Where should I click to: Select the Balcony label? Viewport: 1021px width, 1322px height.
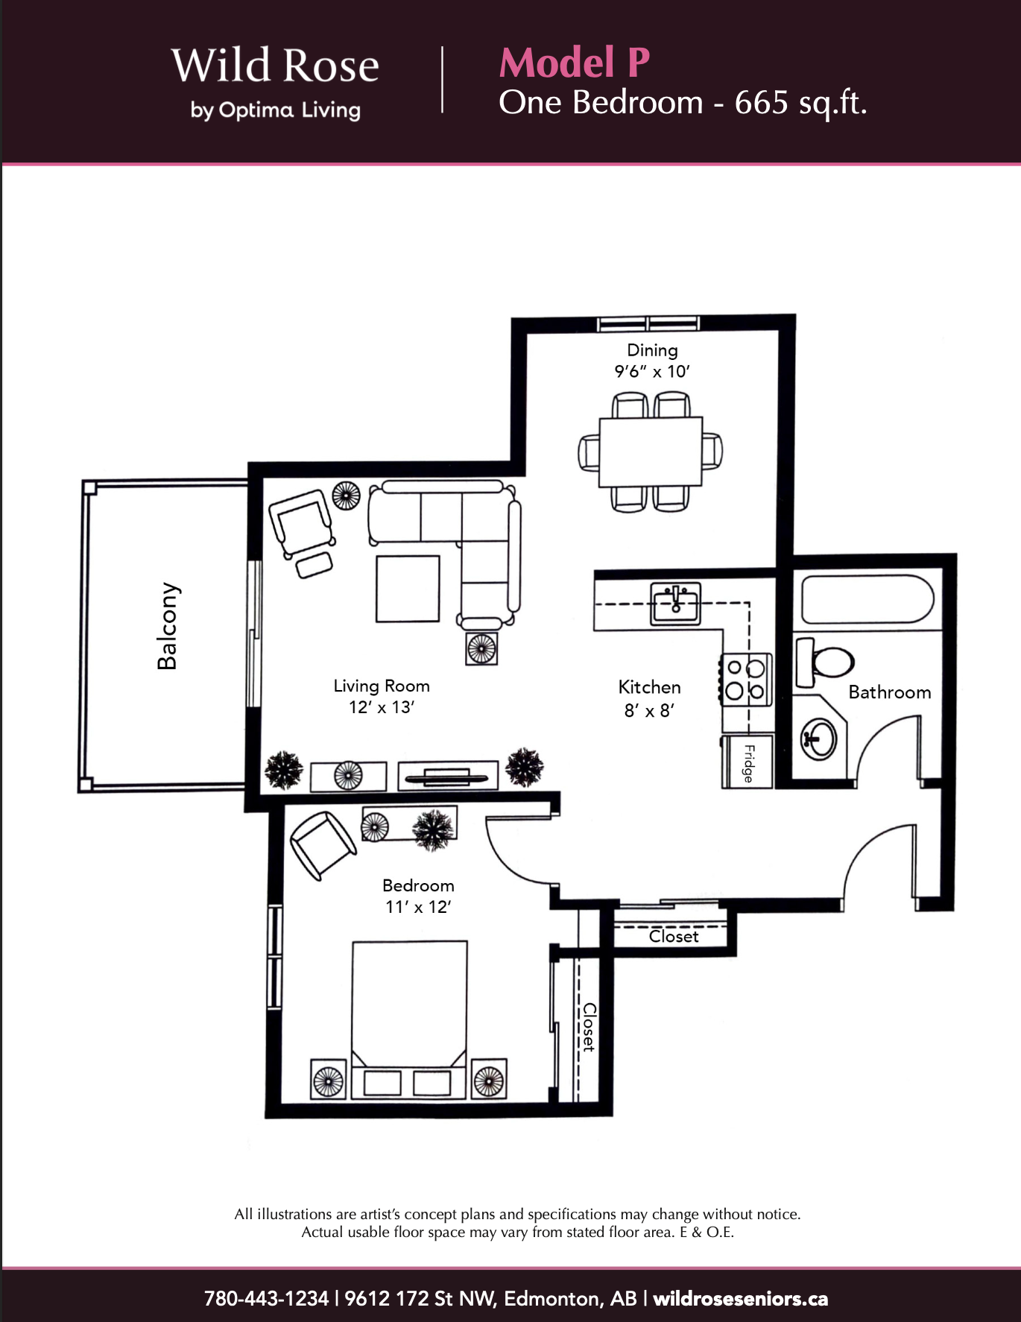168,626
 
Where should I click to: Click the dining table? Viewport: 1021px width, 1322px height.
651,452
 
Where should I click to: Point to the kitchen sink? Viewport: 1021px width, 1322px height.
675,603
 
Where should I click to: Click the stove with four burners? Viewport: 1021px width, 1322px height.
745,680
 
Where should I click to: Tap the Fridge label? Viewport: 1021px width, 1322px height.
748,762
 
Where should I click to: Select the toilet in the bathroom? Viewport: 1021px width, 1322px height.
824,662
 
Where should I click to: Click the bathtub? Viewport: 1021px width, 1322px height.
867,599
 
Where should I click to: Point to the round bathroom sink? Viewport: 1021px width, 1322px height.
818,739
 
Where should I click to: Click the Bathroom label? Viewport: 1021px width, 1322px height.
890,692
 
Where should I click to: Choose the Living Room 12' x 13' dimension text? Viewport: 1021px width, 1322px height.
382,696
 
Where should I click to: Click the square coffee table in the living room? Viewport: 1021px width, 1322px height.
408,589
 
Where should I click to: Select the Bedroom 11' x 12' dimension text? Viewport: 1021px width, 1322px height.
418,896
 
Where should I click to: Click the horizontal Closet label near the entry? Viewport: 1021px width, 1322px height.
674,936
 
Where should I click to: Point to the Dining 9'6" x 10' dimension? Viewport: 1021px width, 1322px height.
652,361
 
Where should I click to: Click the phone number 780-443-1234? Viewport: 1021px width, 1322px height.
266,1299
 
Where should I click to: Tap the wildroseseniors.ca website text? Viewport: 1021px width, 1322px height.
741,1299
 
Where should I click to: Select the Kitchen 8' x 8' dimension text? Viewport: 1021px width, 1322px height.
649,698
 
